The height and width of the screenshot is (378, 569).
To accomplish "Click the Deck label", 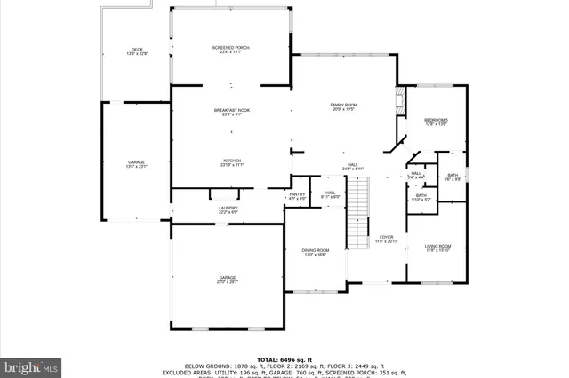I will coord(137,51).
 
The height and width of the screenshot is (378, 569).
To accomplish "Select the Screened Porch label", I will coord(231,49).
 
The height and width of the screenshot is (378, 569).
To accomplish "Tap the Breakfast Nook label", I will coord(231,112).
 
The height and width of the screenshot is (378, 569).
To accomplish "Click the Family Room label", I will coord(343,107).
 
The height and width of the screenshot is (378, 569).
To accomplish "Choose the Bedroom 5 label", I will coord(436,122).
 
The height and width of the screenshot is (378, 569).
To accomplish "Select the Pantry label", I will coord(297,195).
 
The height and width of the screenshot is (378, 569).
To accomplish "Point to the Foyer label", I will coord(386,239).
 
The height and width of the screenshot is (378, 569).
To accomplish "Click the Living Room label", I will coord(437,248).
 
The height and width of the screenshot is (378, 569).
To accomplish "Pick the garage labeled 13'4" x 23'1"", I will coord(136,164).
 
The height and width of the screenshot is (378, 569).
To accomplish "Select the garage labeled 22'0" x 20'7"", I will coord(228,280).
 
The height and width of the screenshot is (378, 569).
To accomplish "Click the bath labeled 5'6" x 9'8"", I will coord(453,177).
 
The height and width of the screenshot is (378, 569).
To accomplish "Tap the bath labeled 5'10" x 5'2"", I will coord(421,197).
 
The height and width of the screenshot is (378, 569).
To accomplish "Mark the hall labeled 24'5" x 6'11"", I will coord(352,166).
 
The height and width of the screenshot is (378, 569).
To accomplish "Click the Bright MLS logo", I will coord(31,365).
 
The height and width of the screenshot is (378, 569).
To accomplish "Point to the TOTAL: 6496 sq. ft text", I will coord(284,359).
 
